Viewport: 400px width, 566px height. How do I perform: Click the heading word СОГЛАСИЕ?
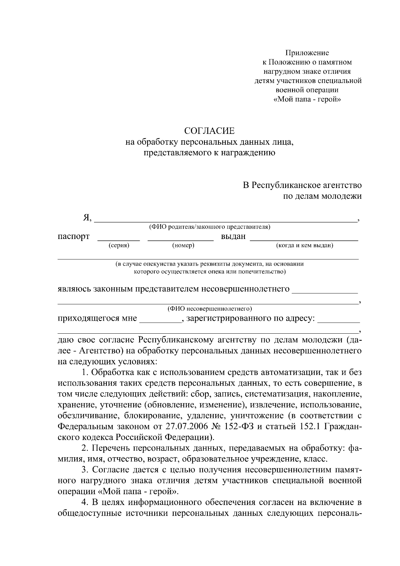210,130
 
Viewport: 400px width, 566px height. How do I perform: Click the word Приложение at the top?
307,53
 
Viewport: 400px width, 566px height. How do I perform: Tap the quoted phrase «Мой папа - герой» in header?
307,99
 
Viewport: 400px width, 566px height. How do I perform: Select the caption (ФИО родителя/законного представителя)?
209,227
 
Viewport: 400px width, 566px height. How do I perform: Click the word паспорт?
73,236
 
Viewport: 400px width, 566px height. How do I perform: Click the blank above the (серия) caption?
118,239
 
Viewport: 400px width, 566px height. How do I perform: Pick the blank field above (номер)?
180,239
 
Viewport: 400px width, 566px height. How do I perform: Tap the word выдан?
233,236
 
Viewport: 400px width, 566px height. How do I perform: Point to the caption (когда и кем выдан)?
305,246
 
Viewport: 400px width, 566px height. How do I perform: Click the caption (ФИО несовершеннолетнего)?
209,309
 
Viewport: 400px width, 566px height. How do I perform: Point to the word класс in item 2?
315,459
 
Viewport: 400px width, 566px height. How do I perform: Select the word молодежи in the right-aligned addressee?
341,196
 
